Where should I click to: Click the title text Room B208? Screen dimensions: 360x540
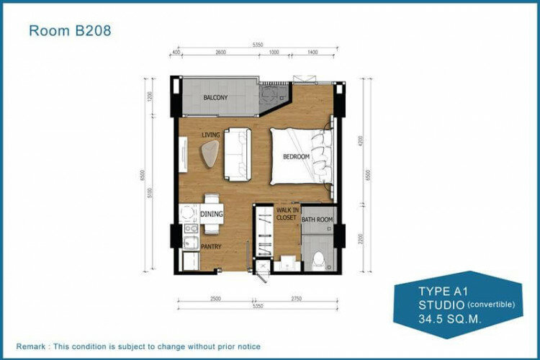pos(69,31)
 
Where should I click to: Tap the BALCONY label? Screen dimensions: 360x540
pos(215,97)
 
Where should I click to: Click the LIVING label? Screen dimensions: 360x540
pos(210,135)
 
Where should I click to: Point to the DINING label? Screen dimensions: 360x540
pos(212,214)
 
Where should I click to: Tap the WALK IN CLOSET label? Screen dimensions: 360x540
pos(287,214)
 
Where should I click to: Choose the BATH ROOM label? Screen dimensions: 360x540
pos(317,220)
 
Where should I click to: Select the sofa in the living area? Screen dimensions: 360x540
pos(238,152)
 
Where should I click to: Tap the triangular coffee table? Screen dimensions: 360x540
pos(210,153)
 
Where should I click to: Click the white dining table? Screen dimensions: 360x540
pos(212,214)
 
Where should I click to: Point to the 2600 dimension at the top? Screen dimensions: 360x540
pos(220,53)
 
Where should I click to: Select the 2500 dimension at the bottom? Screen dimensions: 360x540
pos(215,299)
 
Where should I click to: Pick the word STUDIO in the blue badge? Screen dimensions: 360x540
pos(440,304)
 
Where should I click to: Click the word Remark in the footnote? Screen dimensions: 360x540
pos(36,347)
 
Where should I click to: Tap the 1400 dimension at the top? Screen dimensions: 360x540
pos(312,53)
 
